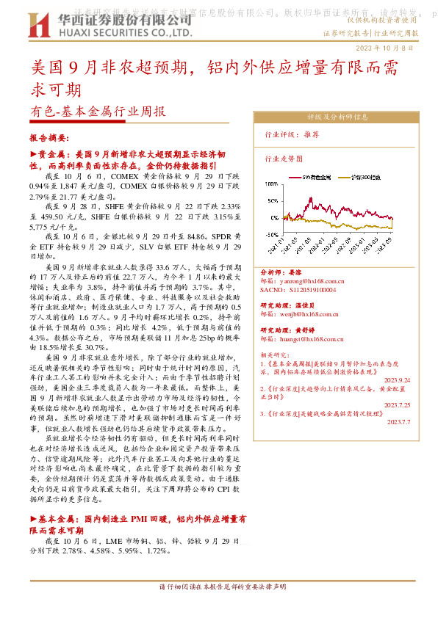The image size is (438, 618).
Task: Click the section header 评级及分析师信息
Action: tap(337, 117)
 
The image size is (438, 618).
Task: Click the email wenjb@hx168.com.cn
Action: tap(306, 312)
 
